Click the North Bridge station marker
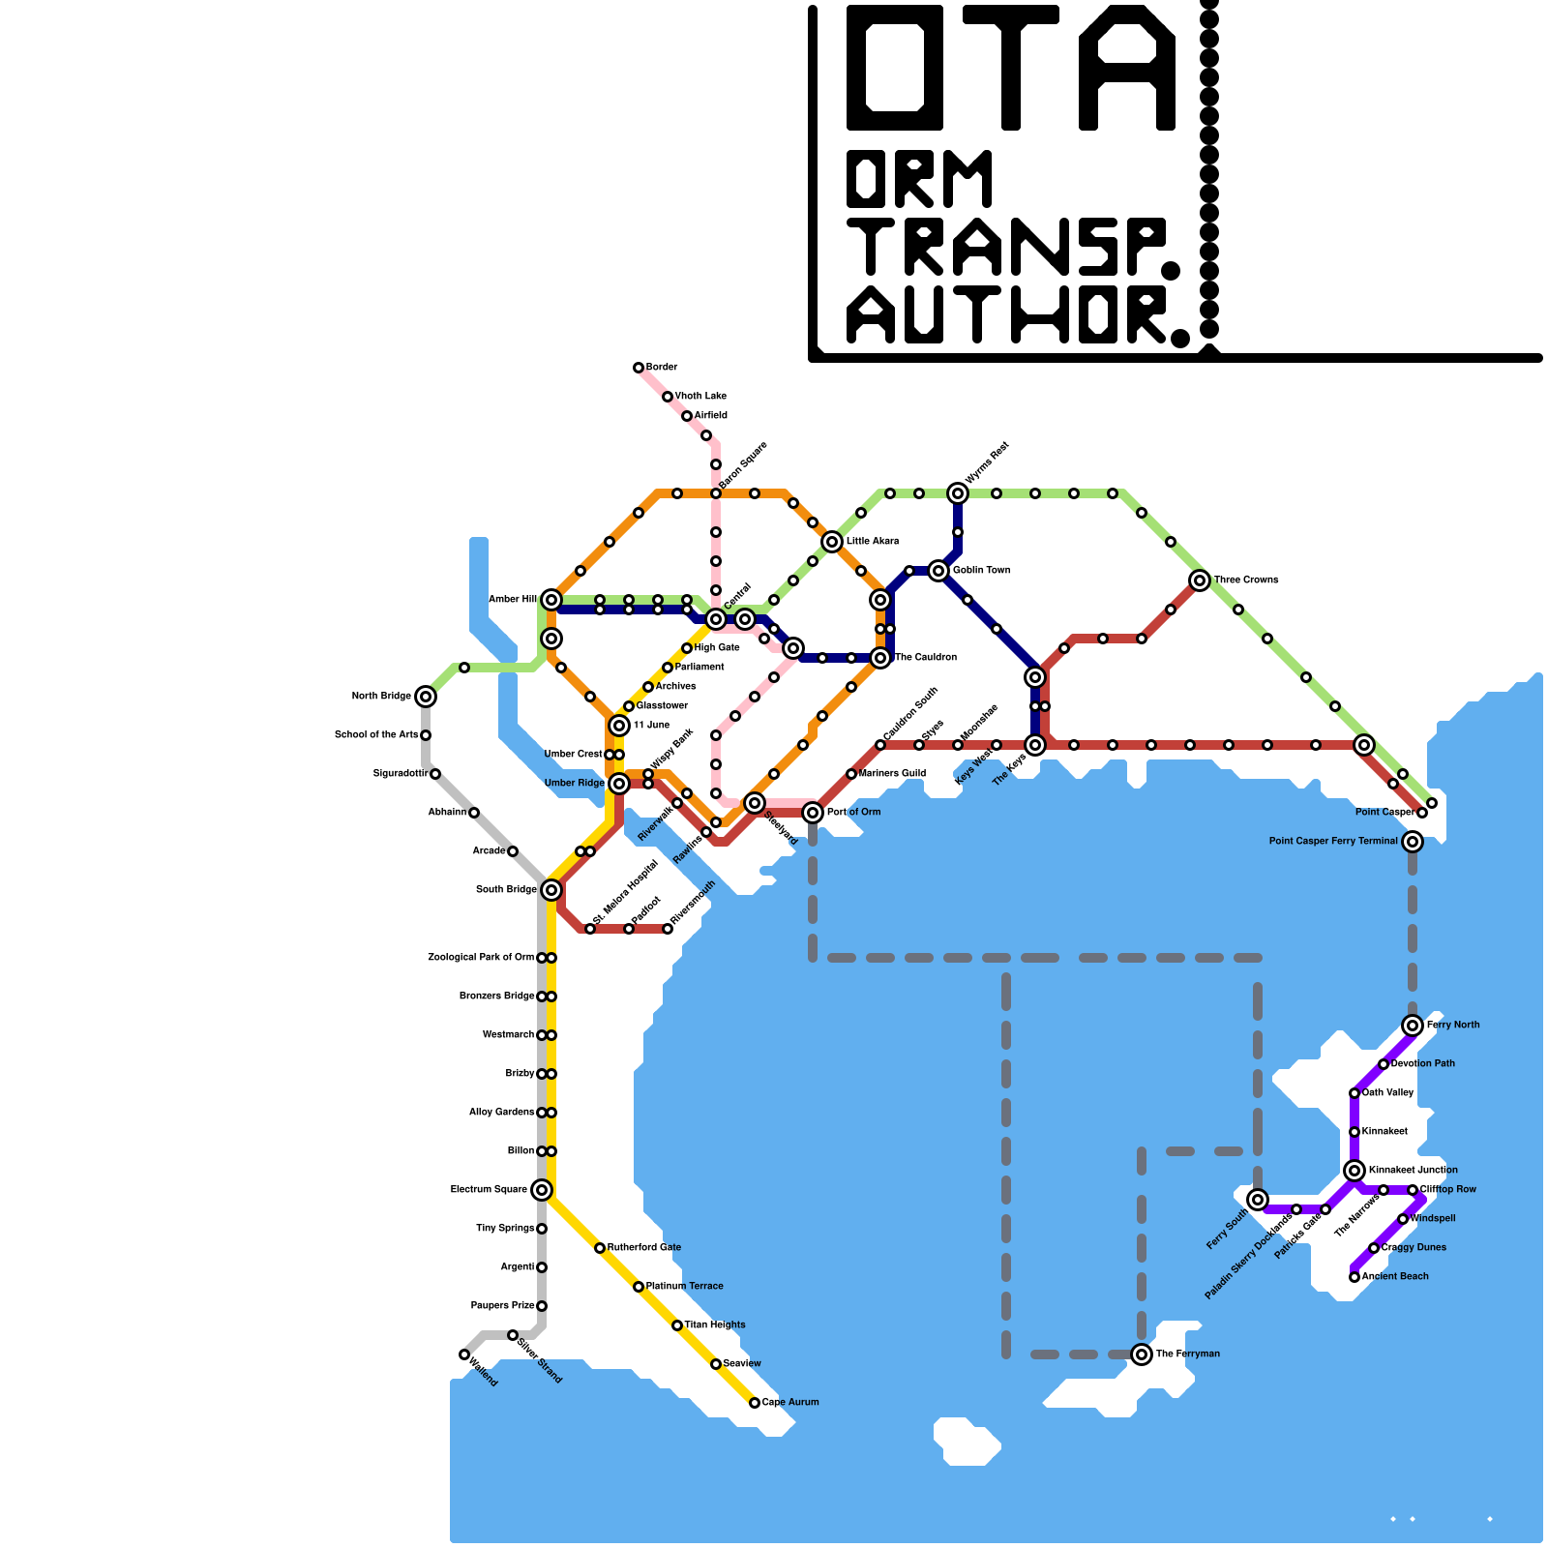click(x=426, y=697)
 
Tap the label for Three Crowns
click(x=1246, y=580)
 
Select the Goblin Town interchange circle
click(x=938, y=571)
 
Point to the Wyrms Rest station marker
click(x=958, y=493)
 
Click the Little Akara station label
click(x=873, y=542)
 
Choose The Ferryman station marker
click(x=1142, y=1354)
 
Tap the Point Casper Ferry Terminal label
click(x=1333, y=842)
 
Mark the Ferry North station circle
click(x=1413, y=1026)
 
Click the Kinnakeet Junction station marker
click(x=1354, y=1171)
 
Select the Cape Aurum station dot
click(x=755, y=1403)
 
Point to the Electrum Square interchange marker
click(x=542, y=1190)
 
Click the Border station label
click(x=662, y=368)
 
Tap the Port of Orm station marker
click(x=813, y=813)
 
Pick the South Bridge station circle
click(x=551, y=890)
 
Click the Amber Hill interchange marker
click(x=551, y=600)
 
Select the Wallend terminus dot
click(x=464, y=1354)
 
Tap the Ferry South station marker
click(x=1258, y=1200)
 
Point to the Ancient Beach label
click(x=1395, y=1277)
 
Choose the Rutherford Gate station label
click(x=644, y=1248)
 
